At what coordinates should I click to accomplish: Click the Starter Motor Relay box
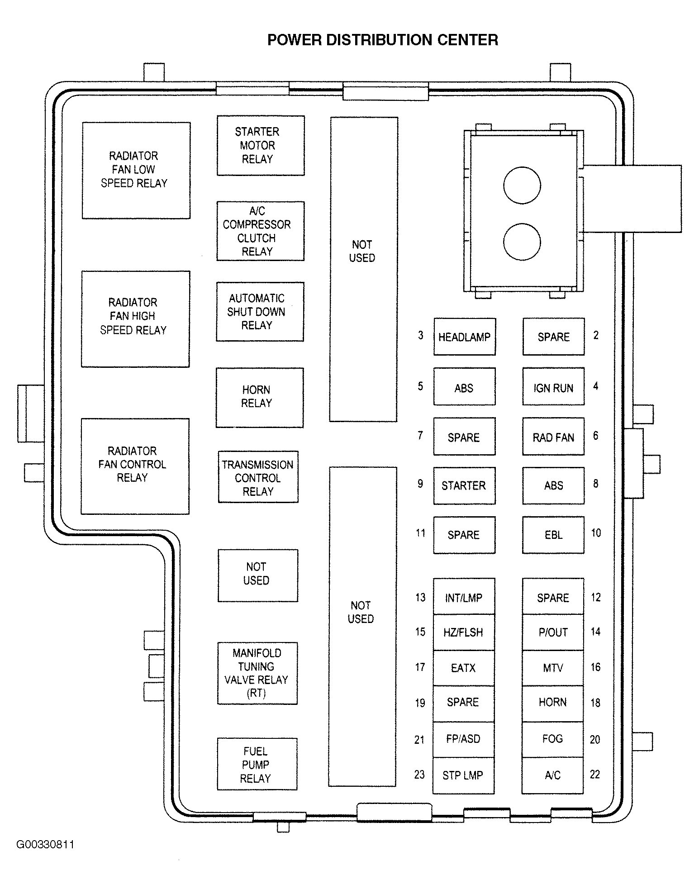tap(261, 145)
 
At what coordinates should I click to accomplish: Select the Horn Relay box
tap(259, 397)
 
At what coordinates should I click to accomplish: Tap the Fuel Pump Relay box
tap(257, 765)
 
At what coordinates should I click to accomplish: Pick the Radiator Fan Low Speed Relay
tap(136, 170)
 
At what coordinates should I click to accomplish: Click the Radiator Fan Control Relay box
tap(135, 466)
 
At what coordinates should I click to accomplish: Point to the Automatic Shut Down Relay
tap(260, 312)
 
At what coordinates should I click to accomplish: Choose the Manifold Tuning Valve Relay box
tap(257, 673)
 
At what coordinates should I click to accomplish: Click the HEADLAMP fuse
tap(465, 337)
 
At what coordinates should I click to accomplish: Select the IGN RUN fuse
tap(553, 387)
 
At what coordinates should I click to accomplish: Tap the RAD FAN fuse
tap(553, 437)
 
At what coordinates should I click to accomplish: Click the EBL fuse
tap(553, 535)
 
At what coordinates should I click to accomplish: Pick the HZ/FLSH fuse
tap(463, 632)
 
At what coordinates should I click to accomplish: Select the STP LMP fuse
tap(463, 775)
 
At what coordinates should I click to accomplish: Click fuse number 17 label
tap(420, 667)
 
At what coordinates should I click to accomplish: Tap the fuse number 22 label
tap(595, 775)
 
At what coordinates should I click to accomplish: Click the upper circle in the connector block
tap(522, 185)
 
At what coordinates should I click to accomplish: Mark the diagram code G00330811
tap(45, 845)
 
